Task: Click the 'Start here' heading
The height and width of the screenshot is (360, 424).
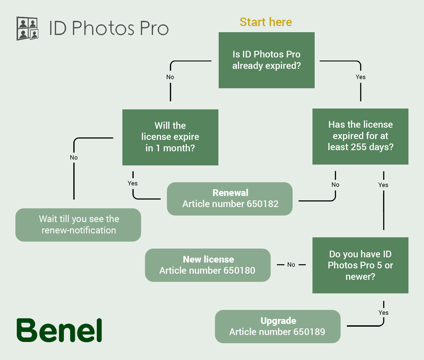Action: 266,22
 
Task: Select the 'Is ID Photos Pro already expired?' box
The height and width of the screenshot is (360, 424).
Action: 266,60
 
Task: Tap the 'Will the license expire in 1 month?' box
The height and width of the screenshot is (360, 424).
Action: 170,137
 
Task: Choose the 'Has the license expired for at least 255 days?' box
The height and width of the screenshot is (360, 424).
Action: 360,136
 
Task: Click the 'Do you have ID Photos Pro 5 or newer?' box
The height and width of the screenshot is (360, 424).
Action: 360,265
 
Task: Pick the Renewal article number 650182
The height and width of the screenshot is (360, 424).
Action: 230,204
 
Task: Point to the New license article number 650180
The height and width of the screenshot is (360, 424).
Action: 207,271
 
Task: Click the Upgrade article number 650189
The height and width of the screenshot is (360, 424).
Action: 277,332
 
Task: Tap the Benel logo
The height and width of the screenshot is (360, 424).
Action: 59,330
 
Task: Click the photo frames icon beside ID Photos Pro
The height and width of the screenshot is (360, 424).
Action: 27,28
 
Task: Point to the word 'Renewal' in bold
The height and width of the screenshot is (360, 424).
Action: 230,193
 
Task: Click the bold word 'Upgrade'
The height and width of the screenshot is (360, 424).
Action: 278,321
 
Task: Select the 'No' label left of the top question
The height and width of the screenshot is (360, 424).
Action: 170,77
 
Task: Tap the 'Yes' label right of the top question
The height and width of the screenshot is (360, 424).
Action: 360,77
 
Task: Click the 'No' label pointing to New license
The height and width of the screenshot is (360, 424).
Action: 291,265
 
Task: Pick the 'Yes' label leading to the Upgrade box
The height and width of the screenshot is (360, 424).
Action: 383,313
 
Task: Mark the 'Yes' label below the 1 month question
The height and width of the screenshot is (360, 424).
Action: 133,183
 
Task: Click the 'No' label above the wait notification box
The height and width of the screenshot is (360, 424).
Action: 74,158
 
